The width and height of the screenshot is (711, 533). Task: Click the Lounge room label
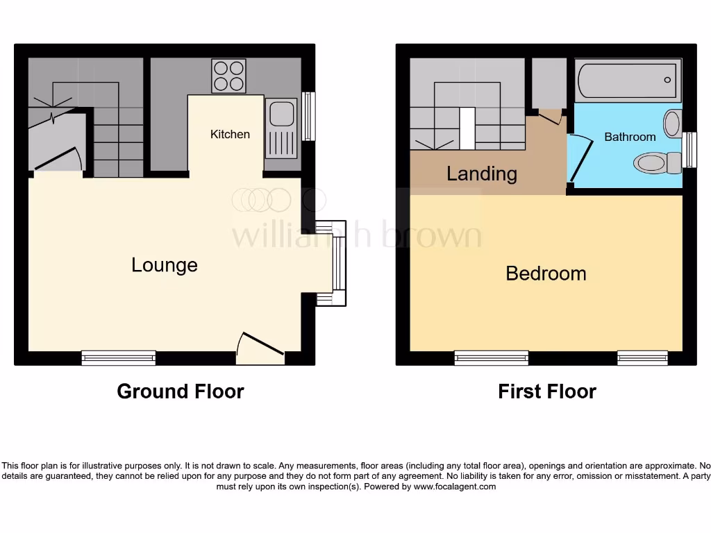(165, 265)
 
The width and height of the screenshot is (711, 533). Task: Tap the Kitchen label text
(230, 134)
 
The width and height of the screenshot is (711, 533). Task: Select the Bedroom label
(546, 273)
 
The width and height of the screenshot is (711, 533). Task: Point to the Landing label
(481, 174)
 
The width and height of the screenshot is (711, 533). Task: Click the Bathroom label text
(630, 137)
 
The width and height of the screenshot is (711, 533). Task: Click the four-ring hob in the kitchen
(228, 76)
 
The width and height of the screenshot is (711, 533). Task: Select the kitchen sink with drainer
(281, 130)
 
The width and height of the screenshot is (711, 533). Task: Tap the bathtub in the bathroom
(628, 81)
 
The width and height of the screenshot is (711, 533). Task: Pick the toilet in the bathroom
(657, 163)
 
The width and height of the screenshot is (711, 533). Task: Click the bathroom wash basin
(672, 124)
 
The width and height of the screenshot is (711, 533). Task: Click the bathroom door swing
(580, 158)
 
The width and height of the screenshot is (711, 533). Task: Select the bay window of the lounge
(337, 263)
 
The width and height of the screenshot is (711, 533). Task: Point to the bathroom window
(690, 149)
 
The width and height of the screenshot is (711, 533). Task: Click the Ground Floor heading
(181, 391)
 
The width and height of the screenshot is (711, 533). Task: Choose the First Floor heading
(547, 391)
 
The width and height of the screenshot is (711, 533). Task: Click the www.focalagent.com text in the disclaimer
(455, 487)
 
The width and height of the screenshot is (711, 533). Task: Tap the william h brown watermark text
(356, 236)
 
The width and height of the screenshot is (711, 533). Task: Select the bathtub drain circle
(667, 80)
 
